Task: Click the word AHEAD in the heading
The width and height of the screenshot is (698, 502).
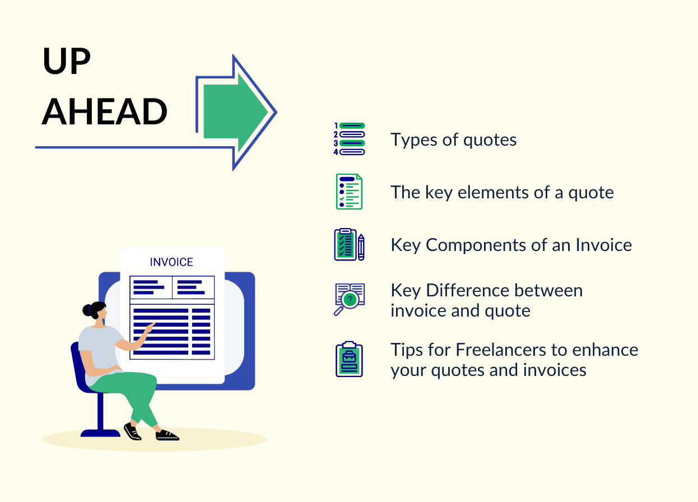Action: coord(105,111)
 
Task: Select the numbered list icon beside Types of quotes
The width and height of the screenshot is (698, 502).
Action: coord(349,139)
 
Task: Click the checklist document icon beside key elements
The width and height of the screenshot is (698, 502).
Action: coord(349,192)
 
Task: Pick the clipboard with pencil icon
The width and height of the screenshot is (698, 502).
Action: coord(349,245)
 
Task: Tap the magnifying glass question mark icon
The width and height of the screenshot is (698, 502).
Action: coord(349,299)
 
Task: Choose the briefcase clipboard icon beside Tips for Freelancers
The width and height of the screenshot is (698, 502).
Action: coord(349,359)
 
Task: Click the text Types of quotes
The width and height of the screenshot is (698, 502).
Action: coord(453,140)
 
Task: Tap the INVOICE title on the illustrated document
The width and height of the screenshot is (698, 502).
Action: coord(171,262)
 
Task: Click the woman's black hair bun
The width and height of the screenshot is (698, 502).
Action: coord(87,310)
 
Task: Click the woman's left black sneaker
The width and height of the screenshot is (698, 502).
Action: coord(132,431)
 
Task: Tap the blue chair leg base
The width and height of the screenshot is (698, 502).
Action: coord(101,431)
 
